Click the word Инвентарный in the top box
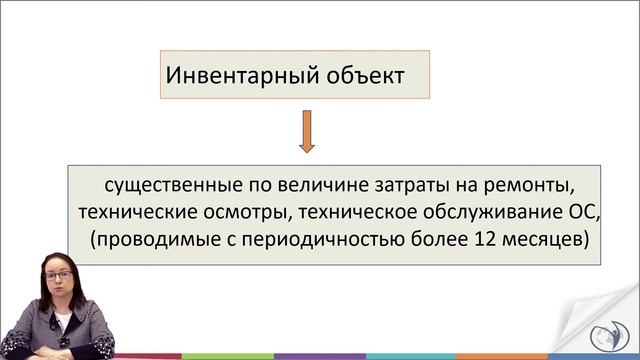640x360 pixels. click(234, 75)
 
